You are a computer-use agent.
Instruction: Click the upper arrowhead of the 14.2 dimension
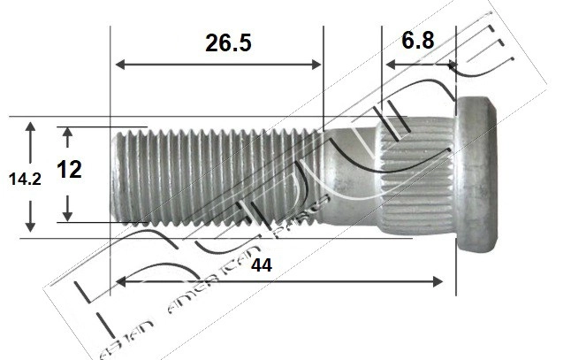point(31,126)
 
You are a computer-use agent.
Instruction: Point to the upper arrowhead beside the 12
point(68,132)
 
